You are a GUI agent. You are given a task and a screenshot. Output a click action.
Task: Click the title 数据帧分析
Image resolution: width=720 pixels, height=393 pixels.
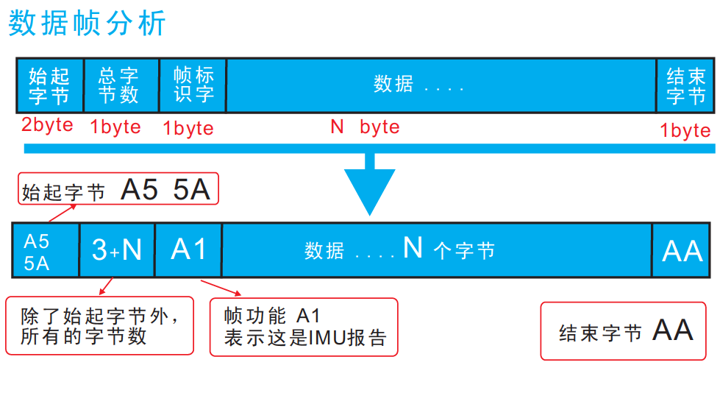point(88,24)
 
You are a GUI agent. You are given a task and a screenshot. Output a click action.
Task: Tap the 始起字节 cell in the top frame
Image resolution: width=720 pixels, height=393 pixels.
point(49,85)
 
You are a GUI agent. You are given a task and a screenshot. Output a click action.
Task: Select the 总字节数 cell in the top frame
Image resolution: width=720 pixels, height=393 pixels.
point(121,85)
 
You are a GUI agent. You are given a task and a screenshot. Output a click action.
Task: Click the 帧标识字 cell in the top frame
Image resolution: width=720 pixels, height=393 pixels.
point(193,85)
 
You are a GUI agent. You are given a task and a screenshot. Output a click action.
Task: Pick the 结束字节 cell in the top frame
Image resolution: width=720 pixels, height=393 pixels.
point(685,85)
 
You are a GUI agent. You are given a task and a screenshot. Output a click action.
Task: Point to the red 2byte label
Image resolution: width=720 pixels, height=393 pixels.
point(47,124)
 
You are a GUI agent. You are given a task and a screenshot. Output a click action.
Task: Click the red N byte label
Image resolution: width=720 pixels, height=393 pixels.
point(365,127)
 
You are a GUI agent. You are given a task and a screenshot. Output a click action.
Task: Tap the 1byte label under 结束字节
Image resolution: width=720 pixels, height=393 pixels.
point(685,130)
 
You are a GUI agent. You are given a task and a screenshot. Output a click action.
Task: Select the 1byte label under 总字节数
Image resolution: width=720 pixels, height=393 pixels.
point(115,127)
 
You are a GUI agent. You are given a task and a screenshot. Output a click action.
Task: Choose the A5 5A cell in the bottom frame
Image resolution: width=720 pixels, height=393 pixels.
point(45,250)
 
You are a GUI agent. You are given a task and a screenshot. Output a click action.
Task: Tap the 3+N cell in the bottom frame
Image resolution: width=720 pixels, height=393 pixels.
point(117,250)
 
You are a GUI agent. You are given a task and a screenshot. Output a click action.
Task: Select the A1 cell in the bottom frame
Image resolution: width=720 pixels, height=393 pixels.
point(188,250)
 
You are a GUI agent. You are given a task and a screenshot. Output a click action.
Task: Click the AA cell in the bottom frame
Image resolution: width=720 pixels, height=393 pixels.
point(682,251)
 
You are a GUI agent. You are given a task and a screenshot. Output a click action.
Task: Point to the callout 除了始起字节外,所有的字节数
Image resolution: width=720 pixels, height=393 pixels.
point(99,325)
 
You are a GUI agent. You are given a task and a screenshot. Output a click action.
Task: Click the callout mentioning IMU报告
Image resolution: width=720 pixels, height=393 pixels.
point(304,327)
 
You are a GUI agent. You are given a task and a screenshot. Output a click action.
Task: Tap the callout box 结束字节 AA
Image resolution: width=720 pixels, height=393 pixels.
point(627,330)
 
